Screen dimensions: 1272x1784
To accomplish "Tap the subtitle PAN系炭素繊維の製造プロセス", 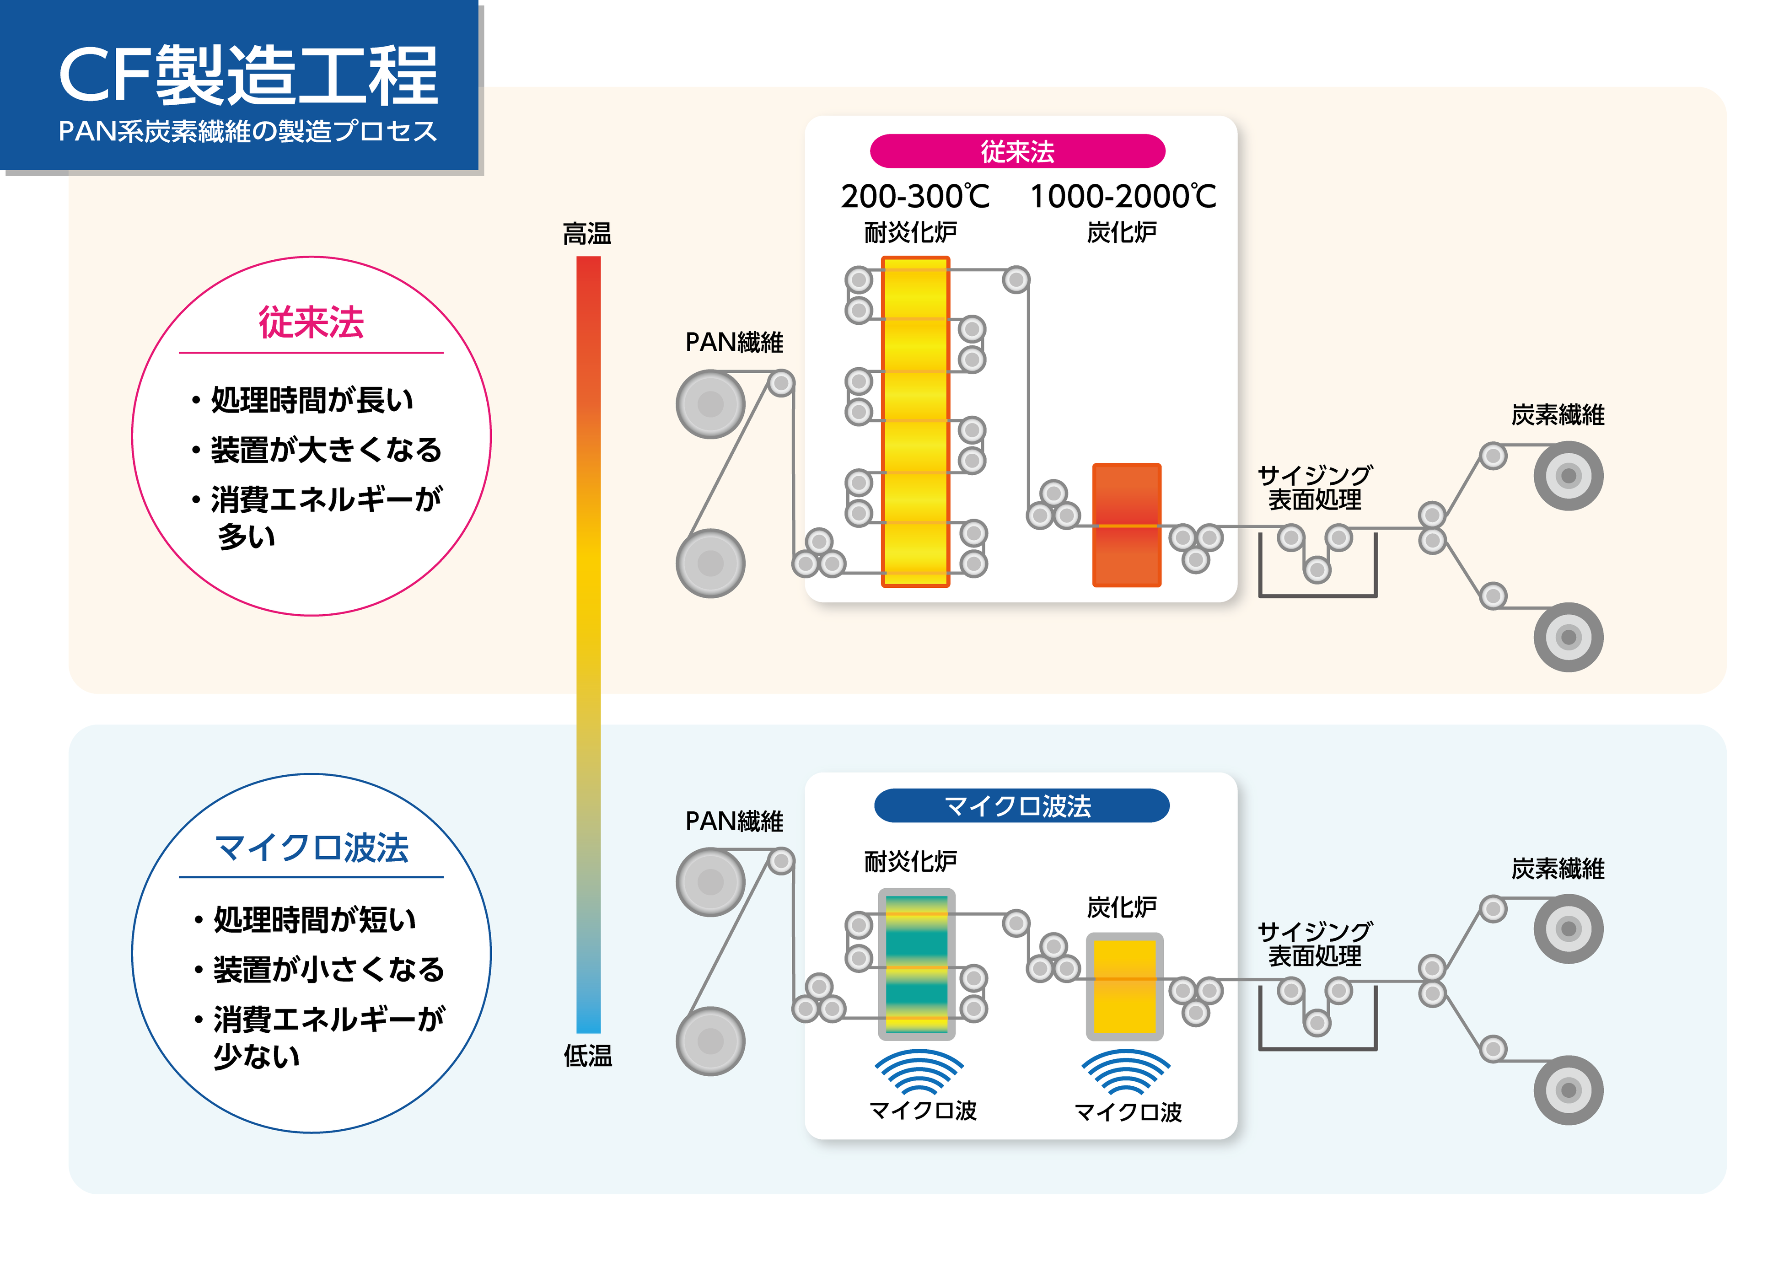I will coord(247,131).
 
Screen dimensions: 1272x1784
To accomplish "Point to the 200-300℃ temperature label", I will coord(915,197).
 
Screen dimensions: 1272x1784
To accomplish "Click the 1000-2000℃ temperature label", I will coord(1122,197).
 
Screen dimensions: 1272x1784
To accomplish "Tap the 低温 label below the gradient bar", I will coord(587,1056).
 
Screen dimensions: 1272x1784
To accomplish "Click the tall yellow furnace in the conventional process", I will coord(915,421).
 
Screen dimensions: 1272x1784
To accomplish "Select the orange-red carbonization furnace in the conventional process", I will coord(1126,525).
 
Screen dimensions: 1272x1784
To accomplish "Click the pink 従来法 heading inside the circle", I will coord(311,322).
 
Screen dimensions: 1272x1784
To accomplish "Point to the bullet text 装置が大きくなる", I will coord(325,450).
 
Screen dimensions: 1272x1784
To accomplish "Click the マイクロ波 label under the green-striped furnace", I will coord(923,1111).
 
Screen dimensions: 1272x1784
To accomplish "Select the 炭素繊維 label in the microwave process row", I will coord(1557,869).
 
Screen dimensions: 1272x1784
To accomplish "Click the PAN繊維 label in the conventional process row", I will coord(734,342).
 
